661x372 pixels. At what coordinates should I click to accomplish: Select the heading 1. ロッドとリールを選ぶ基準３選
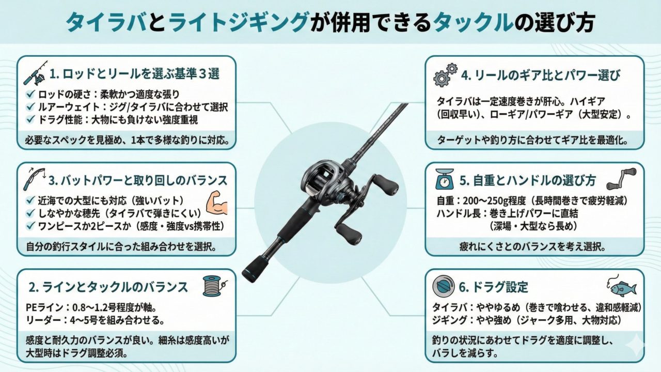(x=134, y=74)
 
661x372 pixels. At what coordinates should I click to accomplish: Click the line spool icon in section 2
(x=213, y=285)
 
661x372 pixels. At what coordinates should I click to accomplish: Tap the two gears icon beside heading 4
(x=445, y=74)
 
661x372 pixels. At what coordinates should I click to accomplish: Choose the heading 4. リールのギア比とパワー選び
(x=541, y=75)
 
